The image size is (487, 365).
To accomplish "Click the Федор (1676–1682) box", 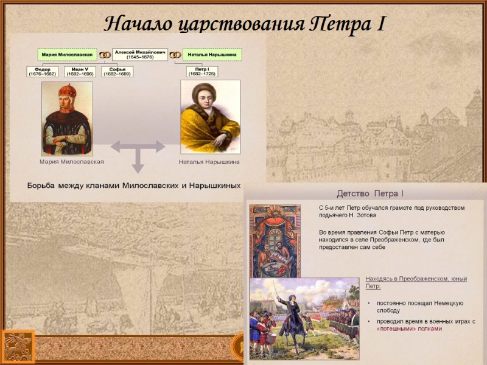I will point(43,72).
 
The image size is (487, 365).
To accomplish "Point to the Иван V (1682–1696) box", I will point(79,72).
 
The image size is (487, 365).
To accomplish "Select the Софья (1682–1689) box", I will point(117,72).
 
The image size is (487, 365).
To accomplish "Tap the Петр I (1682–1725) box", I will point(202,72).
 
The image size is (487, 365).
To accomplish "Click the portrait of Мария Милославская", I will point(67,119).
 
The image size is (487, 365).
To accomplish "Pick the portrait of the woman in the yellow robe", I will point(210,119).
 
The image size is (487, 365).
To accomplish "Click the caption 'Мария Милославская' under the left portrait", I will point(72,162).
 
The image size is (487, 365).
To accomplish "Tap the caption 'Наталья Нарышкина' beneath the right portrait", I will point(209,162).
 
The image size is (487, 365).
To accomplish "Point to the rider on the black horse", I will point(292,316).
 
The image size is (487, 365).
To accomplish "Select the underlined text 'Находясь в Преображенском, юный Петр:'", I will point(416,282).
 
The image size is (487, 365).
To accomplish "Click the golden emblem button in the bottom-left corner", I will point(18,347).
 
